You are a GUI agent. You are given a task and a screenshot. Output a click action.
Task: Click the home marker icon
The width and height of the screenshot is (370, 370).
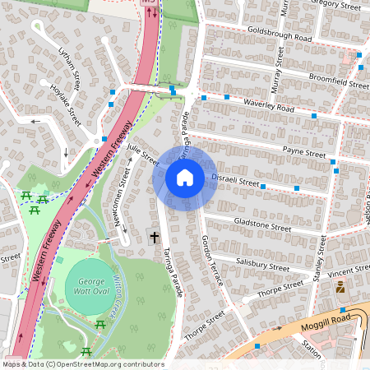click(x=185, y=178)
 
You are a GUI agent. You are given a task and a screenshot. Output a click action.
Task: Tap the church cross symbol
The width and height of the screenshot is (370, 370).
click(x=154, y=238)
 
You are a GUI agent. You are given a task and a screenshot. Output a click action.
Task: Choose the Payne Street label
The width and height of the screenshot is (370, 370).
click(x=304, y=151)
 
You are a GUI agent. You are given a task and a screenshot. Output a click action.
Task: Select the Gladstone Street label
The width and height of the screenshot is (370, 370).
click(x=262, y=226)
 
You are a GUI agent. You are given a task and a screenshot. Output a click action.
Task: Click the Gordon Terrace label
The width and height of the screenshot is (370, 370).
click(x=212, y=257)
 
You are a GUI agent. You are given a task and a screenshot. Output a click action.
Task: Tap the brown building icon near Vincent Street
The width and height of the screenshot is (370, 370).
click(x=340, y=286)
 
